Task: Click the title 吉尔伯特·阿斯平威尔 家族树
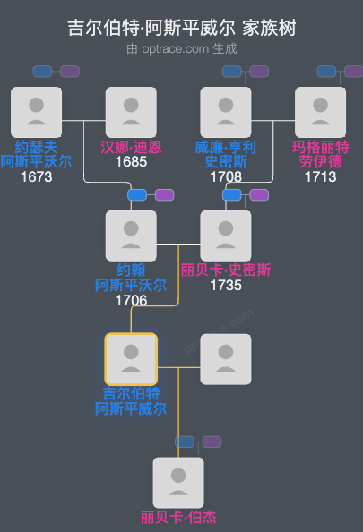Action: tap(181, 28)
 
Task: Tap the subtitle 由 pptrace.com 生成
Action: tap(181, 48)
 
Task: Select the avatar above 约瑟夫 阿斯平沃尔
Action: tap(37, 112)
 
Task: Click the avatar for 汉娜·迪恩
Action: tap(131, 112)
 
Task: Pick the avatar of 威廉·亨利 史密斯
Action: tap(226, 112)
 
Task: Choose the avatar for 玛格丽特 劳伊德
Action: tap(320, 112)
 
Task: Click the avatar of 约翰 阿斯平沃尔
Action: tap(131, 236)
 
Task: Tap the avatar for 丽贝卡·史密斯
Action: tap(226, 236)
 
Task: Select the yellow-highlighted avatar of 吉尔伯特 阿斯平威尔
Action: tap(131, 359)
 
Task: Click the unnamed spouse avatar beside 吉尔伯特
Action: tap(226, 359)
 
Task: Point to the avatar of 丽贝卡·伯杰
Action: tap(178, 483)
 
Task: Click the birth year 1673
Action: tap(37, 177)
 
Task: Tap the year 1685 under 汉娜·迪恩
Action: tap(131, 162)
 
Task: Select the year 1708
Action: tap(226, 177)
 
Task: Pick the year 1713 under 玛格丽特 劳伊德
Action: tap(320, 177)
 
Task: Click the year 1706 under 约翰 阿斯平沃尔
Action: tap(131, 301)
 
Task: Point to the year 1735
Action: tap(226, 286)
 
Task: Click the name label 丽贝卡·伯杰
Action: tap(178, 517)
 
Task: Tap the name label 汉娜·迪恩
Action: tap(131, 147)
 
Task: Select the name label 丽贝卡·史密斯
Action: tap(226, 270)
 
